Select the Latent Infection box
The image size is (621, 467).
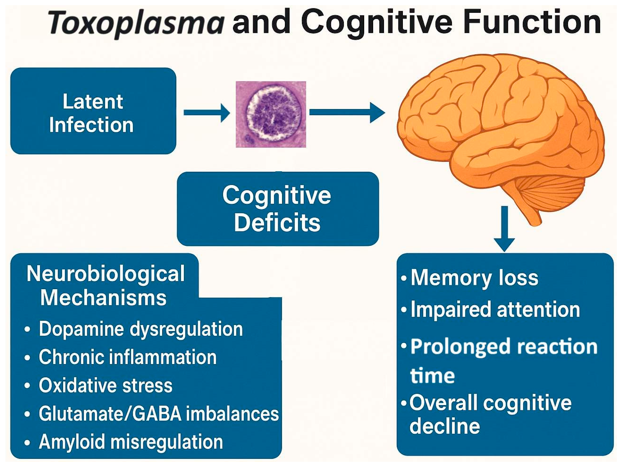[93, 111]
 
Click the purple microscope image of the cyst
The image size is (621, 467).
[271, 114]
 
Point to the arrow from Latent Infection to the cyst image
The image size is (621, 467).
[207, 113]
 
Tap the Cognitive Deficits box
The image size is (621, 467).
[277, 209]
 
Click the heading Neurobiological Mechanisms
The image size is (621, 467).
[105, 285]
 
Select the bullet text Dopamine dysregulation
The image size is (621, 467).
[141, 329]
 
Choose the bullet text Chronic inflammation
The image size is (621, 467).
[128, 357]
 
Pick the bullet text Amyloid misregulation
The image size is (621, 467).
[131, 442]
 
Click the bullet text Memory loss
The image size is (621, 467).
[474, 278]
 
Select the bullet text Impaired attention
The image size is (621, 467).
[495, 309]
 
